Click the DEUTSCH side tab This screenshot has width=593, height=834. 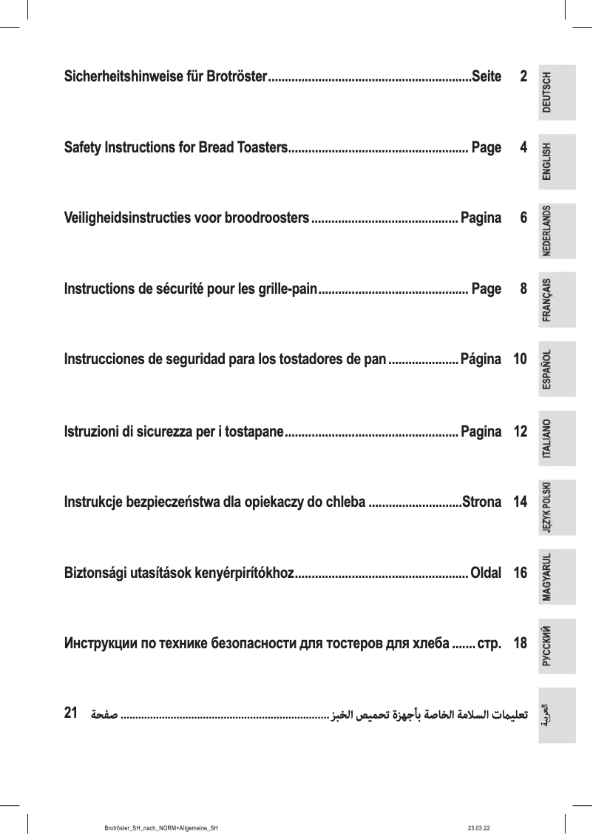tap(557, 93)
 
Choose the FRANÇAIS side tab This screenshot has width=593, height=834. tap(557, 300)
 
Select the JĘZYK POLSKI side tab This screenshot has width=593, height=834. tap(557, 508)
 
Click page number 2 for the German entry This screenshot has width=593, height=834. tap(523, 77)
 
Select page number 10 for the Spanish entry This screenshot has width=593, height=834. tap(520, 360)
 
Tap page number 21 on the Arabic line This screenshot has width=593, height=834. tap(72, 713)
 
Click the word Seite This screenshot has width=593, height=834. tap(486, 77)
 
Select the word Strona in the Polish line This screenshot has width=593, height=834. tap(481, 502)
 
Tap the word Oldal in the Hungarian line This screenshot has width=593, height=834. tap(485, 573)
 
